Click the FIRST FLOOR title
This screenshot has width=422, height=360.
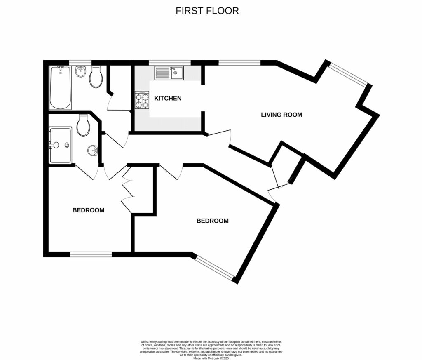click(207, 11)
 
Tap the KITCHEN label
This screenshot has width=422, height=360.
click(168, 99)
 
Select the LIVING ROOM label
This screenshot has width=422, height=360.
click(281, 115)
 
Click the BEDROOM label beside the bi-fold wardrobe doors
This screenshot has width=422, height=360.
click(88, 210)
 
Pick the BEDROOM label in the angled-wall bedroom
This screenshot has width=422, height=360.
click(212, 221)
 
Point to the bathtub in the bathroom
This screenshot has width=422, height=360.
click(60, 87)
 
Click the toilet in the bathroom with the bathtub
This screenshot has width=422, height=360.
click(96, 78)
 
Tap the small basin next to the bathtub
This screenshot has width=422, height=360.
click(80, 72)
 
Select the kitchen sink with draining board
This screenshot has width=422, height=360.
click(169, 74)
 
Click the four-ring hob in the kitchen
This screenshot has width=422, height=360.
click(142, 100)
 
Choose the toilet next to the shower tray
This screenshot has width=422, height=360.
click(83, 126)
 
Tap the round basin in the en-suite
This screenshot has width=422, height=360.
click(93, 151)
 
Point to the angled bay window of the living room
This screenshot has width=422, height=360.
click(347, 74)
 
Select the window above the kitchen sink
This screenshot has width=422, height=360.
click(170, 63)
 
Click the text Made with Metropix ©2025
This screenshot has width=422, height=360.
click(211, 358)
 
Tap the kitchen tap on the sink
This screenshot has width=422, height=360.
click(173, 69)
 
